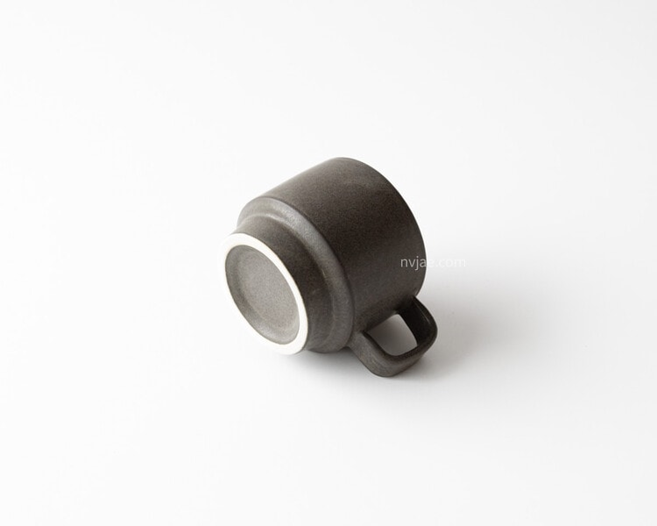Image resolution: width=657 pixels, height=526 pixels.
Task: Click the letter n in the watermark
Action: pos(405,263)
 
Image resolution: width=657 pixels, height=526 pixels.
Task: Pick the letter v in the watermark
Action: pos(414,263)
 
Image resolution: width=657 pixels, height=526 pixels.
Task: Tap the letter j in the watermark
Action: pos(420,263)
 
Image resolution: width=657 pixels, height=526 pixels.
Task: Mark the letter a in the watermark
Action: pos(427,263)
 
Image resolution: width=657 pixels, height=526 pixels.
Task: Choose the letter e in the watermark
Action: pos(434,263)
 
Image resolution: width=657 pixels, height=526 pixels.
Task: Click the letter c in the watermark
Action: pos(444,263)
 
